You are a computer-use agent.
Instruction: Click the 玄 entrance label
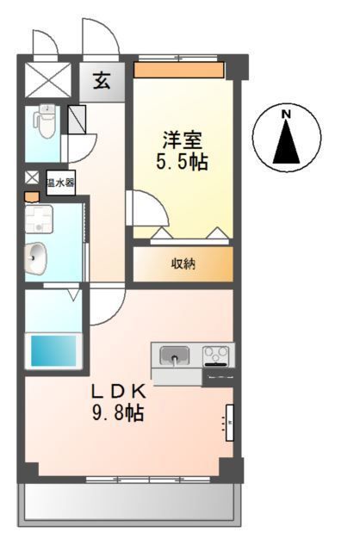tap(101, 82)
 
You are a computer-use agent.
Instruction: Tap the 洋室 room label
tap(182, 139)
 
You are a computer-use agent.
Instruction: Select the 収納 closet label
tap(183, 263)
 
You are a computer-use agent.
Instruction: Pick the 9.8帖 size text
tap(120, 413)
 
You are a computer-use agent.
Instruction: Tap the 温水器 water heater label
tap(59, 183)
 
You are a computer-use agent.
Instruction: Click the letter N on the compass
tap(287, 113)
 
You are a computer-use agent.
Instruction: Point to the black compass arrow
tap(287, 141)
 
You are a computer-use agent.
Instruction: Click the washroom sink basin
tap(37, 257)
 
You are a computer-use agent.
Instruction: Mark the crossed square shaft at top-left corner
tap(48, 80)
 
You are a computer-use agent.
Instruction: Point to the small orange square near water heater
tap(32, 197)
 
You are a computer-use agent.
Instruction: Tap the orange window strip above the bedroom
tap(180, 68)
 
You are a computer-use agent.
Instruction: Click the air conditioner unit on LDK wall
tap(230, 422)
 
